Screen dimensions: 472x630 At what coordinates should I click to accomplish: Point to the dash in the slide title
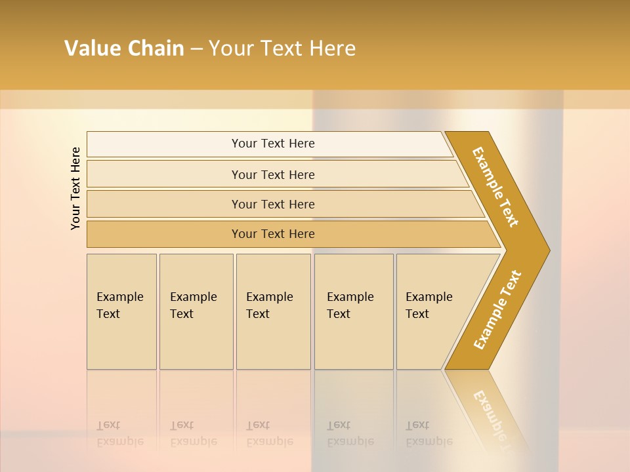196,49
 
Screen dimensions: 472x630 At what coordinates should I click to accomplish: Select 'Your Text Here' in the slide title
282,49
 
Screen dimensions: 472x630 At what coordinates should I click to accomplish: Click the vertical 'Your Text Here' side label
75,188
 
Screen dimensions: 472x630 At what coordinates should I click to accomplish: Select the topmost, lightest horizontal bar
273,144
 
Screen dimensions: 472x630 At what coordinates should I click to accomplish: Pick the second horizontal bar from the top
273,174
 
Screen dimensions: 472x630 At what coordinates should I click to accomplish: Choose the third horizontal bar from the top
273,204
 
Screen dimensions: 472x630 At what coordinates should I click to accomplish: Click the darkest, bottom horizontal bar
273,234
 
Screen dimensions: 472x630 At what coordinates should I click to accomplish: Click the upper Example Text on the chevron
495,187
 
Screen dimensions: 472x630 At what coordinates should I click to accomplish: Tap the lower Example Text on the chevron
497,310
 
